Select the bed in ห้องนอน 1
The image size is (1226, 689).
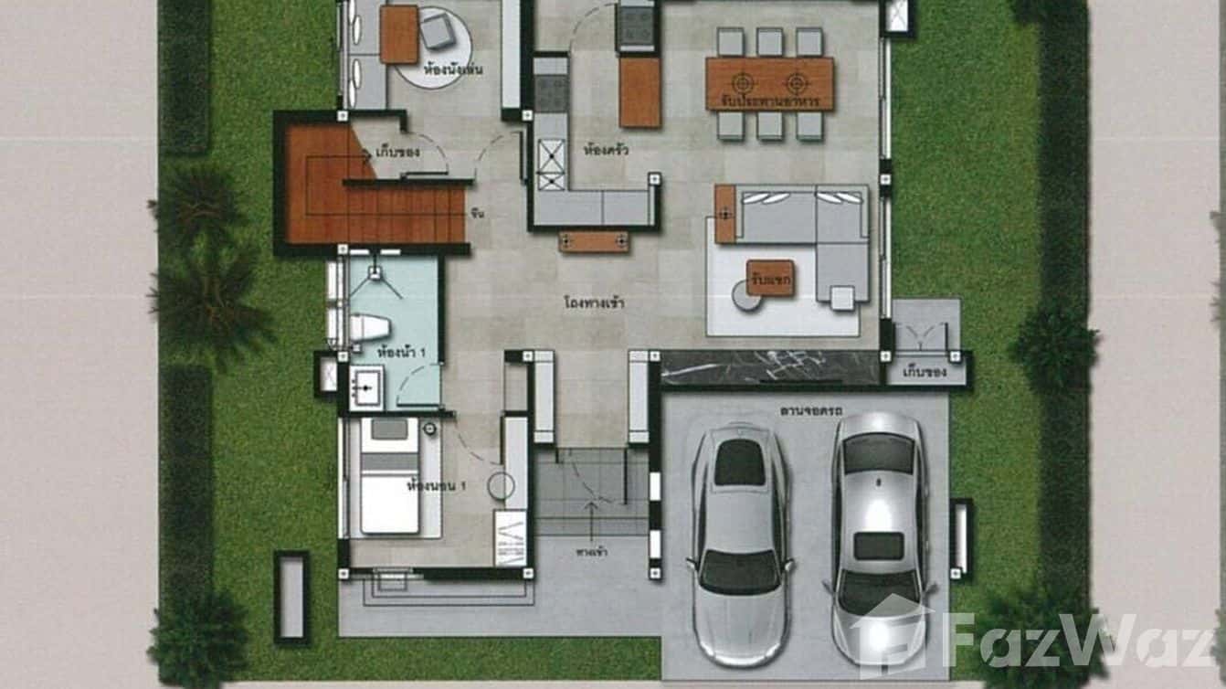[389, 475]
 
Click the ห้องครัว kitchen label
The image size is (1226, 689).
[608, 149]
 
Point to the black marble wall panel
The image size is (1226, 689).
[768, 367]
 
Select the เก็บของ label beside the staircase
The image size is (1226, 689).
[397, 152]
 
